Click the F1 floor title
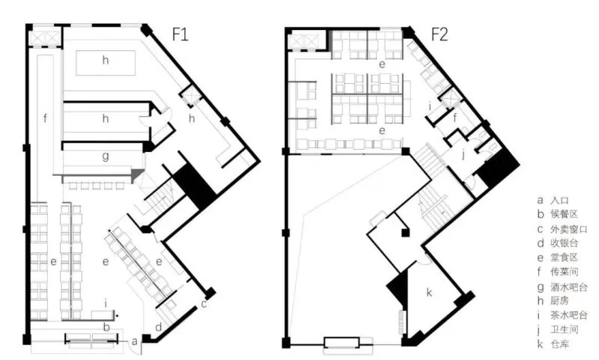point(181,34)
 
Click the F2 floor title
point(439,34)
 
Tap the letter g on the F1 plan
point(106,156)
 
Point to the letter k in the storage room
point(429,293)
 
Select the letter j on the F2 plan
point(463,155)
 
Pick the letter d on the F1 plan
point(158,326)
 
